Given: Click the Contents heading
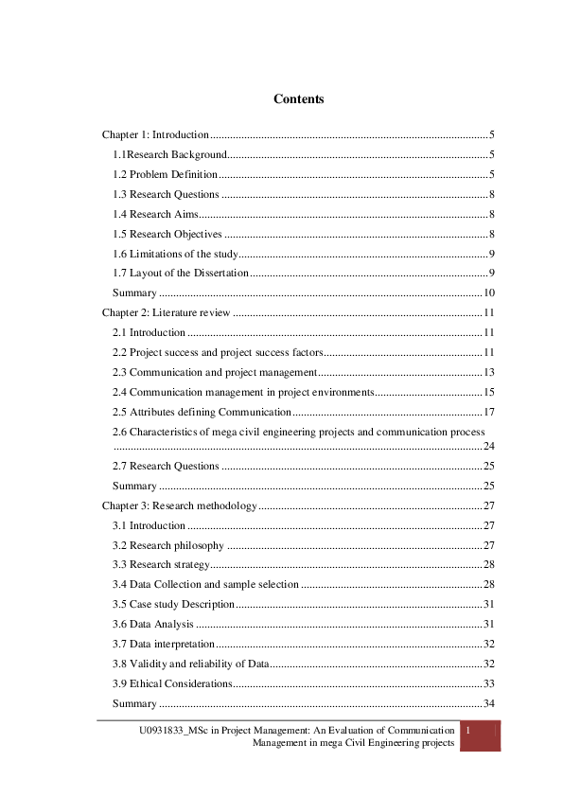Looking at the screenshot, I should pos(298,98).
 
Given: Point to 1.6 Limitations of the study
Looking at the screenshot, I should pos(175,253).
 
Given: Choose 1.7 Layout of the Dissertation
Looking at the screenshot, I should pos(181,273).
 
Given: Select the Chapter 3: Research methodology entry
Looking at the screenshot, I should pos(179,505).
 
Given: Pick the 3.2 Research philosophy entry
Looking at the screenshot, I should pos(168,545).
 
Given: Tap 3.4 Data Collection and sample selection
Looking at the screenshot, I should pos(205,584).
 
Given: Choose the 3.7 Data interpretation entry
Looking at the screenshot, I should pos(162,644).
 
